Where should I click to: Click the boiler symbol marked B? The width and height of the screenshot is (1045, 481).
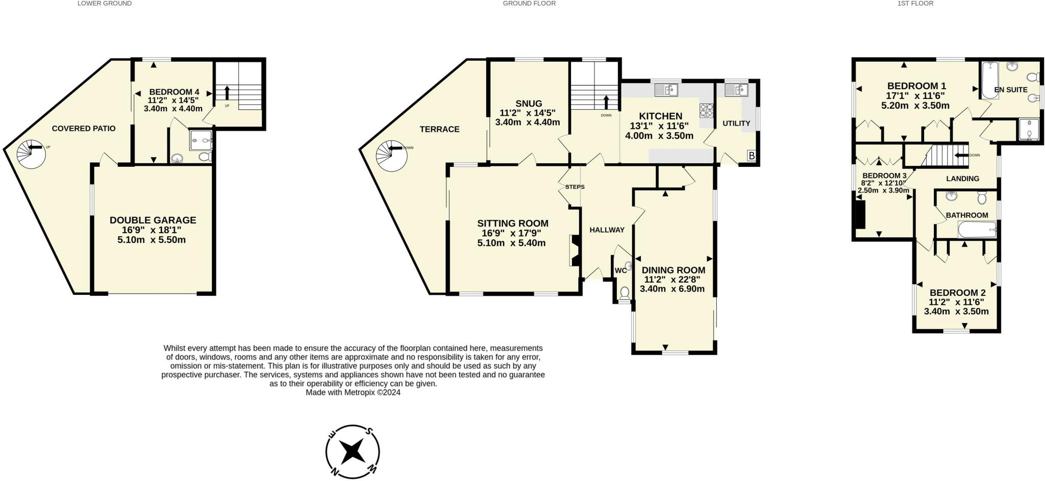751,156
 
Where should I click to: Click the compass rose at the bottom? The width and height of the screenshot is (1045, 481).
353,452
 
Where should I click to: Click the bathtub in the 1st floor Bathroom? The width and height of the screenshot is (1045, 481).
977,230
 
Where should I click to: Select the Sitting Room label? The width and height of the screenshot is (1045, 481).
512,223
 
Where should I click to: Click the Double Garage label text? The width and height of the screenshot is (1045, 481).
153,220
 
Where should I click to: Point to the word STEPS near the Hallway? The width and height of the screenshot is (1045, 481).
575,187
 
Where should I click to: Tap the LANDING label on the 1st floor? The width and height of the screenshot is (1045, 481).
962,179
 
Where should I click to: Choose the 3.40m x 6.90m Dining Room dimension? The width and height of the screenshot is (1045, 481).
672,289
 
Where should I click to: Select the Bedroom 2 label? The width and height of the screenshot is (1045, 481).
957,293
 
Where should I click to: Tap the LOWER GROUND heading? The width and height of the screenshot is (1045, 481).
105,3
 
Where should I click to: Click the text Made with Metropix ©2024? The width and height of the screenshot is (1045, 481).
353,393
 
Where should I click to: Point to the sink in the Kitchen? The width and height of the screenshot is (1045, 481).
666,90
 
